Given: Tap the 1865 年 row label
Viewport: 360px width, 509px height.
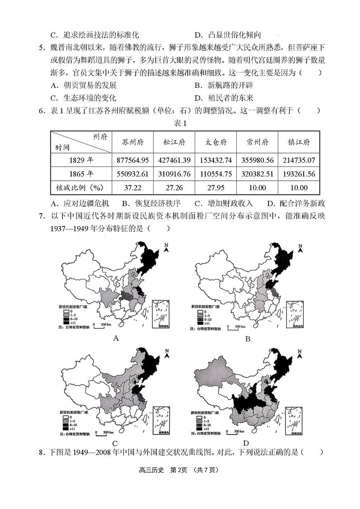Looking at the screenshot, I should (x=81, y=174).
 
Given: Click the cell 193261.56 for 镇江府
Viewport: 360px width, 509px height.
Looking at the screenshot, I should (x=298, y=174).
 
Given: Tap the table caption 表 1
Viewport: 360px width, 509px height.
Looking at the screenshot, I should (x=180, y=123).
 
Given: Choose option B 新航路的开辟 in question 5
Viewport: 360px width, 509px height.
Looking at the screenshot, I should (x=224, y=85).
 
